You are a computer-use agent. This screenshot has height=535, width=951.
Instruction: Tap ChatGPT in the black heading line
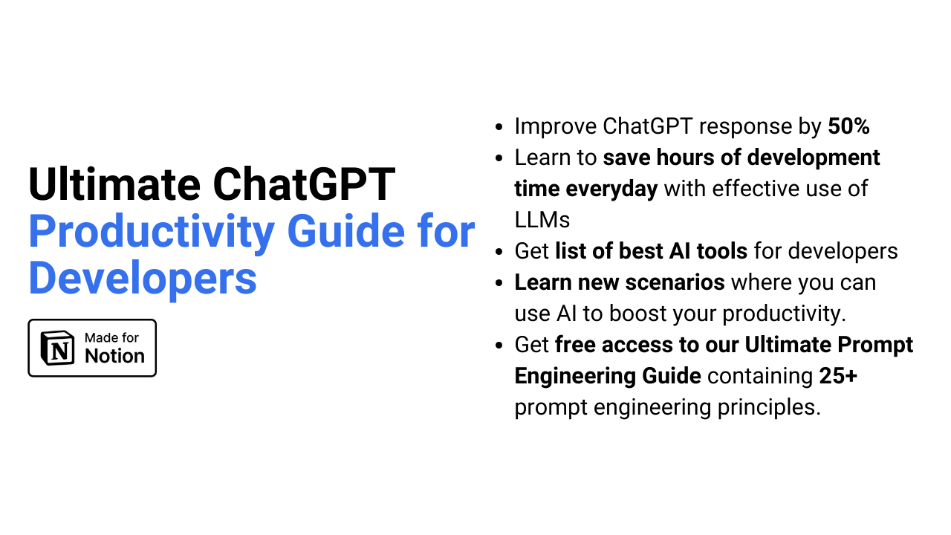point(305,186)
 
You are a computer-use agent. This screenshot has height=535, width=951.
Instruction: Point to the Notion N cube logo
point(57,348)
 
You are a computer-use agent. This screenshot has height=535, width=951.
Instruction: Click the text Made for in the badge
point(111,337)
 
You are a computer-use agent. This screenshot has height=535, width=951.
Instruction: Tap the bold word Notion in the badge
point(114,356)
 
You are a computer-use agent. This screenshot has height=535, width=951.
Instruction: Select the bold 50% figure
point(848,126)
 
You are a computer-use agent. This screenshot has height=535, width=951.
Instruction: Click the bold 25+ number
point(838,376)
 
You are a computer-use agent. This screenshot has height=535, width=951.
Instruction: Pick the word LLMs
point(542,220)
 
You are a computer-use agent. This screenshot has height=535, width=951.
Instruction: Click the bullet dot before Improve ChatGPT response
point(499,127)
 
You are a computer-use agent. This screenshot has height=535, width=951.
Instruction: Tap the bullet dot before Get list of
point(499,252)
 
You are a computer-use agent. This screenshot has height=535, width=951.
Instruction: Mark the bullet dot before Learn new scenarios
point(499,283)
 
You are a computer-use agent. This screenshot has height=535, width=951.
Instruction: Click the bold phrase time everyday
point(585,189)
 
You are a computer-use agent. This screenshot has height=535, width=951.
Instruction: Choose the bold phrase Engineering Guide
point(607,376)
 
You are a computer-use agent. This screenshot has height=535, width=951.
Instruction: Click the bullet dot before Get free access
point(499,346)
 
